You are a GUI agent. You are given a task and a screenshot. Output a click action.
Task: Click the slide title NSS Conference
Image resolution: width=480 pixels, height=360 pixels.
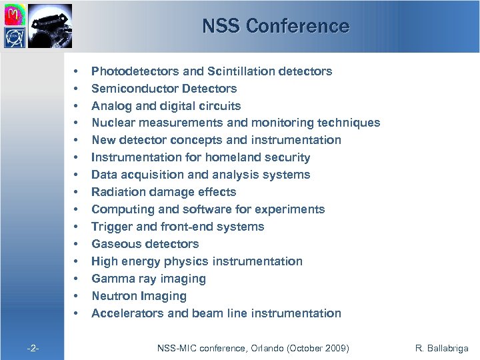(x=275, y=26)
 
